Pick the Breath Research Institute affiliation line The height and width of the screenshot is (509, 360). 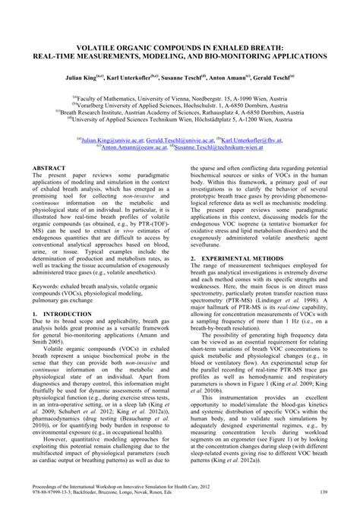(x=179, y=112)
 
